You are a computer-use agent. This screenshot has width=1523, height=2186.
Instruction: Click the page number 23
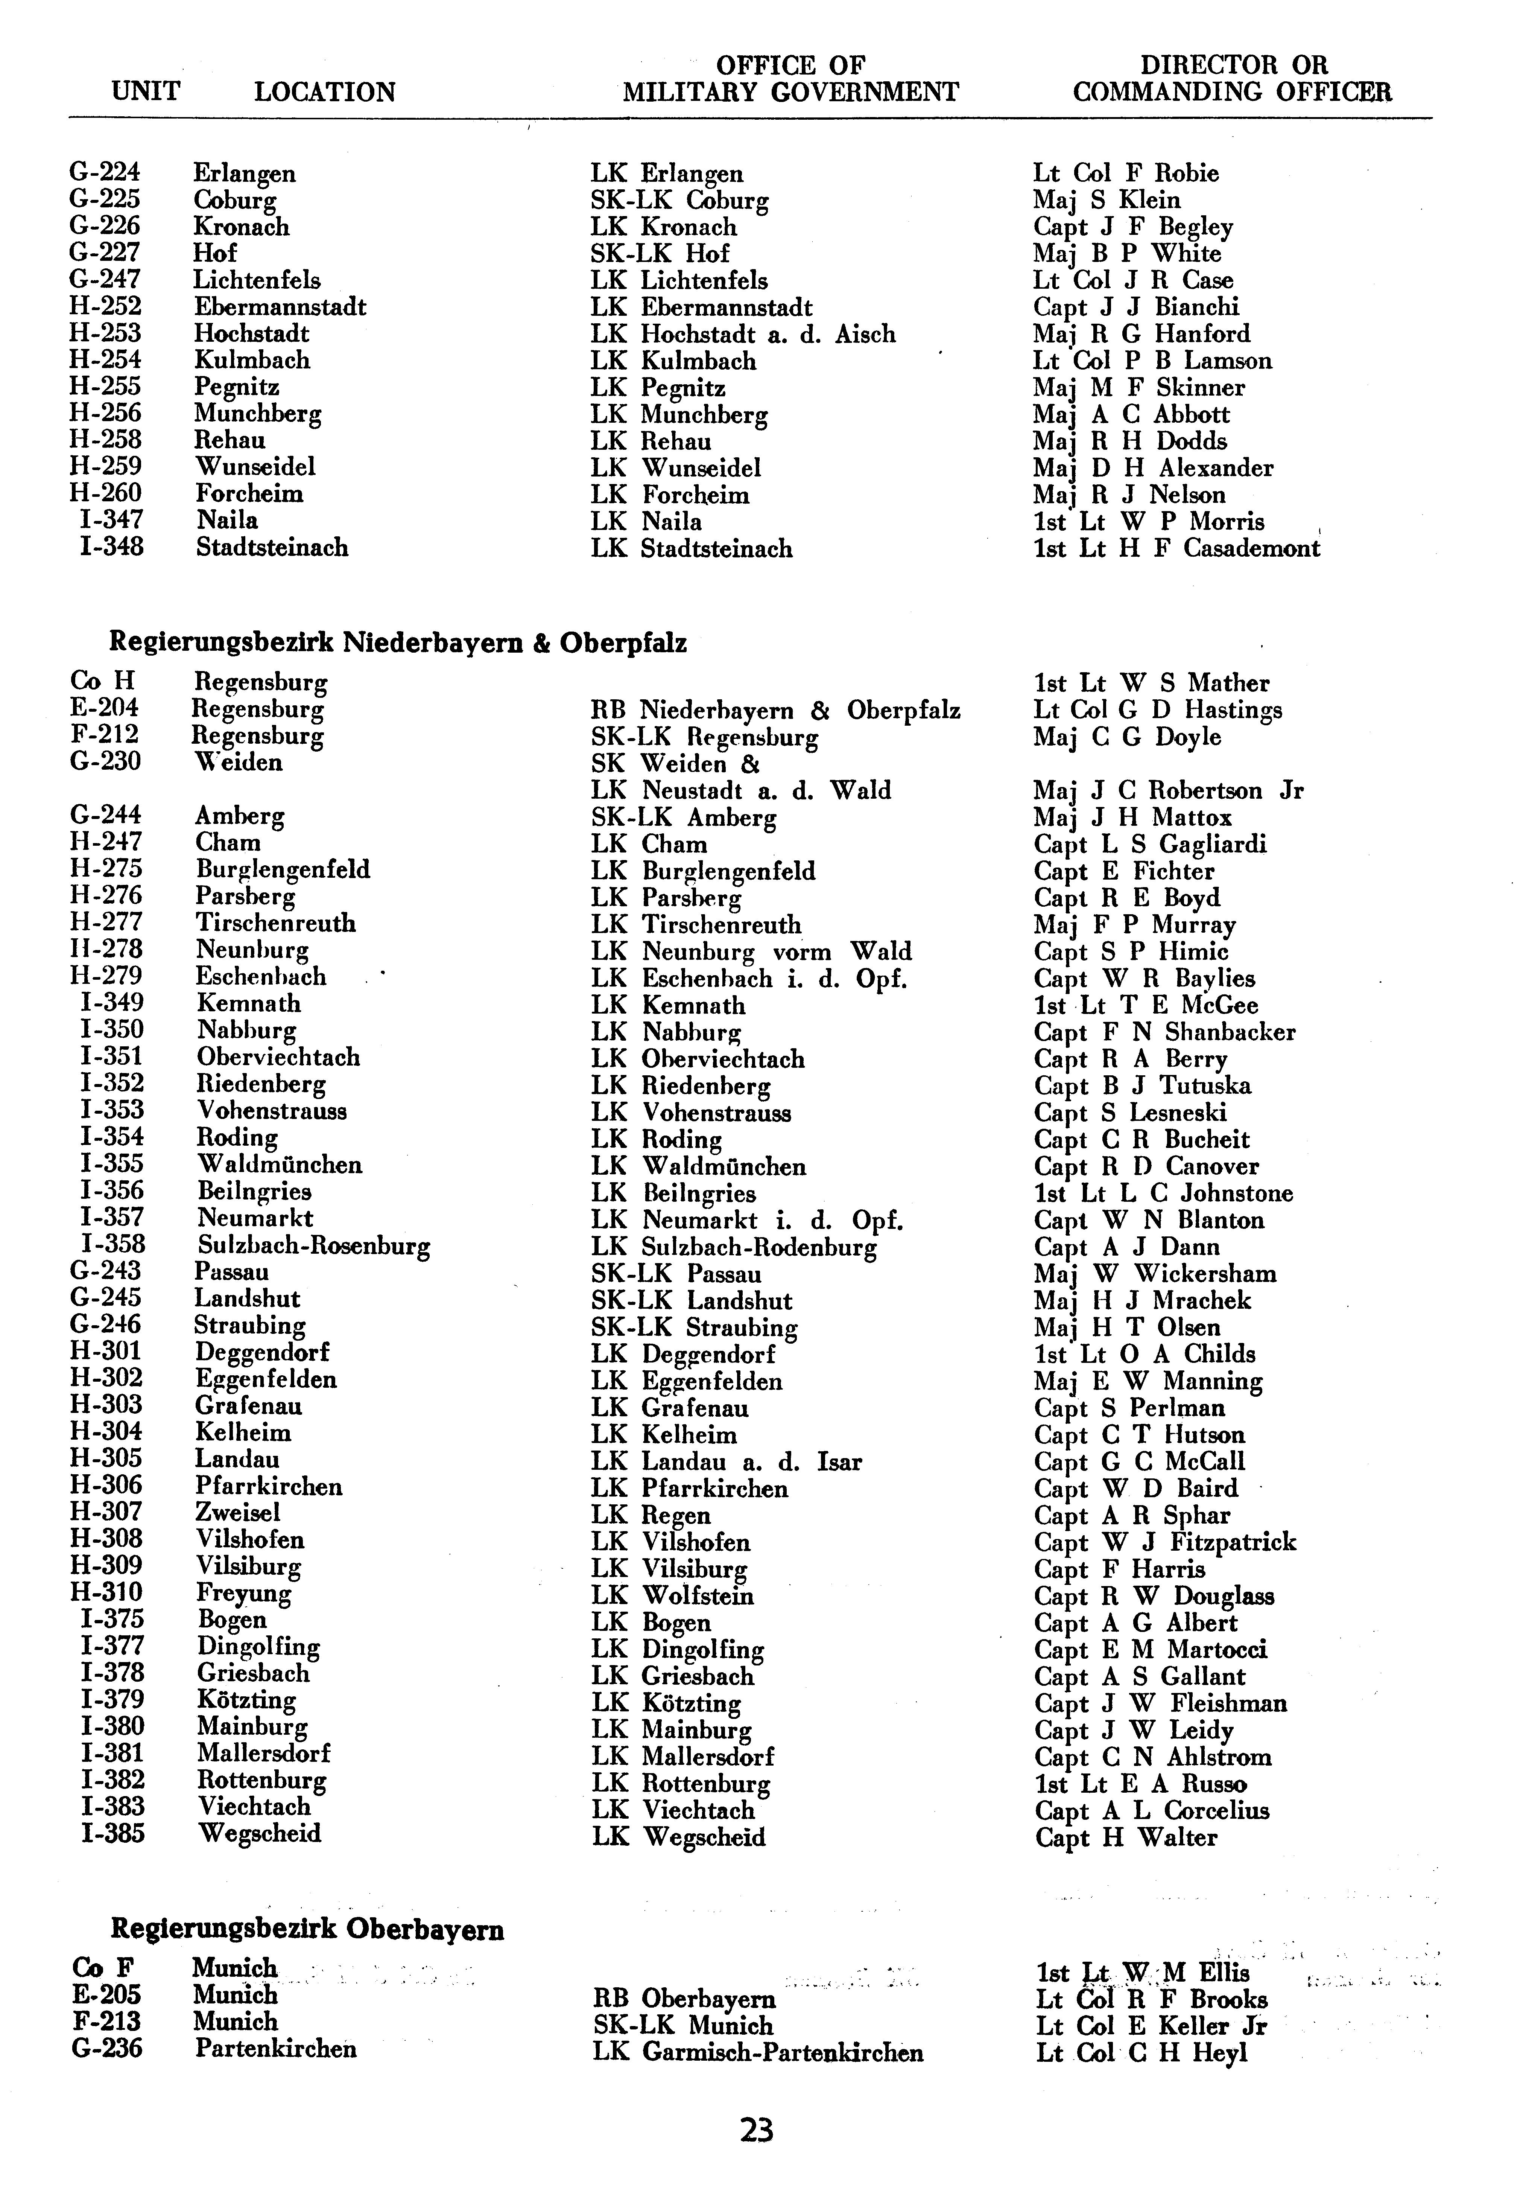(757, 2130)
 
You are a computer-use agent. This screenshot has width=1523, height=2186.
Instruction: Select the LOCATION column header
(325, 92)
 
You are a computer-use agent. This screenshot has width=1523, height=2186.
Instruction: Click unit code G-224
(105, 172)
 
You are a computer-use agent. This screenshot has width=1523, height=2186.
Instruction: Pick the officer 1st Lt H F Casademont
(1176, 548)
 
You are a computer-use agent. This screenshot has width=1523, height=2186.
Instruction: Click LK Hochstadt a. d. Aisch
(742, 334)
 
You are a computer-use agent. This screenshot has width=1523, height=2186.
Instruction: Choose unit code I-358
(112, 1244)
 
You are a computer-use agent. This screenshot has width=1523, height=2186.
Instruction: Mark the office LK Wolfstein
(672, 1596)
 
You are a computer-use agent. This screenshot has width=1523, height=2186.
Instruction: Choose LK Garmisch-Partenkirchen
(758, 2052)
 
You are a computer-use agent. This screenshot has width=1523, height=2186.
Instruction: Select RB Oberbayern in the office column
(684, 1999)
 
